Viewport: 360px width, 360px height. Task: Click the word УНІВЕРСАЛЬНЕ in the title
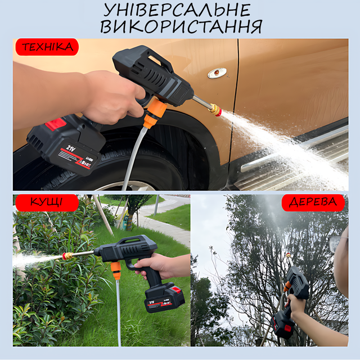(x=177, y=10)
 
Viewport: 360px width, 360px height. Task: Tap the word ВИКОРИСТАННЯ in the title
(x=181, y=26)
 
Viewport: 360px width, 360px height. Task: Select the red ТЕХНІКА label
(x=47, y=47)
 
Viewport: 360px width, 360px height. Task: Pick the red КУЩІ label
(x=47, y=202)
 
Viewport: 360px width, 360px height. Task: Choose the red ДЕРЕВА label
(x=313, y=202)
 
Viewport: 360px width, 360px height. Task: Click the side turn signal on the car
(x=217, y=73)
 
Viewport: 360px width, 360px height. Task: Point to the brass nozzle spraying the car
(x=215, y=110)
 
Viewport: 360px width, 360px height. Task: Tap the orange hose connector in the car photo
(x=154, y=113)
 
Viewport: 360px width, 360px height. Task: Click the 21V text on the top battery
(x=71, y=148)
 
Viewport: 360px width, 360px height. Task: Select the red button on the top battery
(x=56, y=124)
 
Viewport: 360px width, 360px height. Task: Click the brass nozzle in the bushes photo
(x=68, y=255)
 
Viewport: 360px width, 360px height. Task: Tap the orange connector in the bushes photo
(x=116, y=271)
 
